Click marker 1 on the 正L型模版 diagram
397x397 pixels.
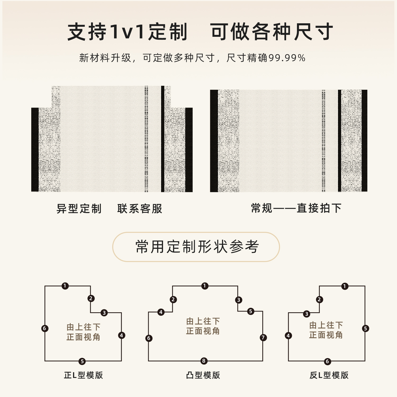(x=65, y=286)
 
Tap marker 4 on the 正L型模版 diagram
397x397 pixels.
(x=121, y=335)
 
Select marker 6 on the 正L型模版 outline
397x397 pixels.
(x=45, y=328)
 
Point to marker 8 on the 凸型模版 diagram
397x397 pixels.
(x=204, y=361)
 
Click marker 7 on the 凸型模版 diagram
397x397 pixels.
(x=263, y=337)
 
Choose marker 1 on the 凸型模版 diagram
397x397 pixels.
(x=205, y=286)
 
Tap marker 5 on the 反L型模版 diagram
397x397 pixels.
(x=366, y=328)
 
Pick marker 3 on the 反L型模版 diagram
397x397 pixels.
(x=307, y=314)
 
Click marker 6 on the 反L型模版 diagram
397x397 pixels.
(x=327, y=361)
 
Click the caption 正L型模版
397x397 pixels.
(x=83, y=375)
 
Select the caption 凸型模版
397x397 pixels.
(x=203, y=375)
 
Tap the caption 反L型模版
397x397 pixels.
(x=329, y=375)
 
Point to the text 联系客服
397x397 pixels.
(x=140, y=209)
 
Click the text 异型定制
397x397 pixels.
(x=79, y=209)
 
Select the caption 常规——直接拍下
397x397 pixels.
(x=296, y=208)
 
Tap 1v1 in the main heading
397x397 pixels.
(x=127, y=32)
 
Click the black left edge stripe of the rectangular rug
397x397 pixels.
(x=214, y=141)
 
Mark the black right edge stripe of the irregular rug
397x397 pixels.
(x=189, y=150)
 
